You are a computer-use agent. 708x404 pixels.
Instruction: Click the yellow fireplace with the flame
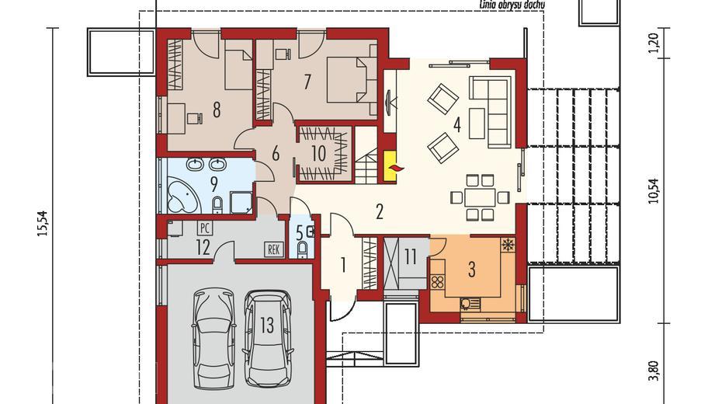point(390,165)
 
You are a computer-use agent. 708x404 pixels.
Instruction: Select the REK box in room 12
point(273,249)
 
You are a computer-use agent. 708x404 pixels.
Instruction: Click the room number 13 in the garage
point(266,325)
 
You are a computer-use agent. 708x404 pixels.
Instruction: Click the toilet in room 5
point(303,248)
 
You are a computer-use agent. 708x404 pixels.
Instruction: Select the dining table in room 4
point(480,197)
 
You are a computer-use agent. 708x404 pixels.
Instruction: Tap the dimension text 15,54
point(43,224)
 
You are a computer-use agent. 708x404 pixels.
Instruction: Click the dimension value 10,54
point(654,192)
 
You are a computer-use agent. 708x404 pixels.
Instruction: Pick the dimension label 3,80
point(654,371)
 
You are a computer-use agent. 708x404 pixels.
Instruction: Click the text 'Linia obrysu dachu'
point(512,5)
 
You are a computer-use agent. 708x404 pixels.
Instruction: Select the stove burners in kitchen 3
point(437,283)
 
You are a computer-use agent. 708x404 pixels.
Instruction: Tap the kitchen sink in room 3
point(467,303)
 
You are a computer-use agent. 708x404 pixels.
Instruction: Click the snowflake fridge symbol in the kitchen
point(508,246)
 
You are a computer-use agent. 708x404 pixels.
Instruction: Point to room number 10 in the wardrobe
point(319,153)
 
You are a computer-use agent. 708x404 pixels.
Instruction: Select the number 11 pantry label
point(410,256)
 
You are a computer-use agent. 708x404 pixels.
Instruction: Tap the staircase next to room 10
point(366,155)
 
